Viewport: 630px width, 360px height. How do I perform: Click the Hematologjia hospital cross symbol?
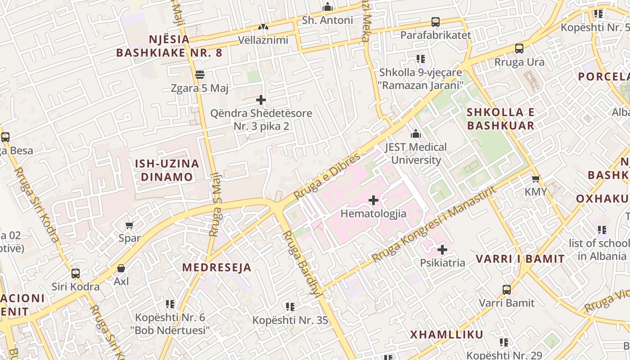[x=373, y=200]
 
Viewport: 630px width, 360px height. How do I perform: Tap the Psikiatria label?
[x=442, y=263]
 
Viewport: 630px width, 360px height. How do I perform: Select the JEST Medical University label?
[x=416, y=153]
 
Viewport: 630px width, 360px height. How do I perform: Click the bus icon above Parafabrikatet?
[x=435, y=22]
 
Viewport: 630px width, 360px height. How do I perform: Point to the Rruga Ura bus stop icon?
[x=519, y=49]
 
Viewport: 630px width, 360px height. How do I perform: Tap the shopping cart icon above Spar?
[x=130, y=225]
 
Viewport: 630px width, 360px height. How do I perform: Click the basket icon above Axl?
[x=121, y=269]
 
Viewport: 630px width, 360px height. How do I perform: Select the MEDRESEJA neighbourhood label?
[x=216, y=267]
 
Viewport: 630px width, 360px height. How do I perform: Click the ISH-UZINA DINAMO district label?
[x=167, y=170]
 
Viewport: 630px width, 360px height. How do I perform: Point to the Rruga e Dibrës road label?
[x=327, y=176]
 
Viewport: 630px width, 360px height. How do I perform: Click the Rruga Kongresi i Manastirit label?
[x=434, y=224]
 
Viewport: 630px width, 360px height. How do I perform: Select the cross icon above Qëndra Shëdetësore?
[x=261, y=100]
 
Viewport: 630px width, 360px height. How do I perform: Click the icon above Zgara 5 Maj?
[x=200, y=75]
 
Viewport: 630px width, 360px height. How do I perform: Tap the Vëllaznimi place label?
[x=263, y=40]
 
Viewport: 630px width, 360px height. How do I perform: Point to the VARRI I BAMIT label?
[x=520, y=259]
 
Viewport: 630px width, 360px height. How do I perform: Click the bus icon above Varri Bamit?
[x=507, y=290]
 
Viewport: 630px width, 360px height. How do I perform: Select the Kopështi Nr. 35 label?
[x=290, y=320]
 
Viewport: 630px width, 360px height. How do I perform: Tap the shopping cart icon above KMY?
[x=535, y=179]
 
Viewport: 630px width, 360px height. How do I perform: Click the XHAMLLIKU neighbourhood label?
[x=446, y=334]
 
